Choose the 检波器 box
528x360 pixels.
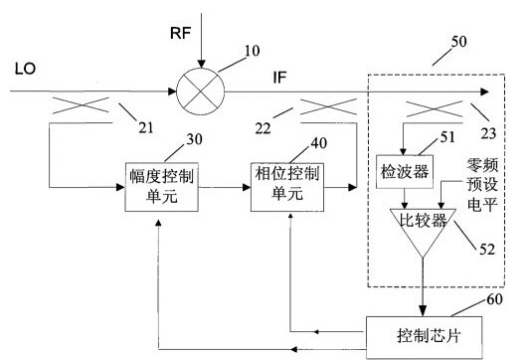[x=405, y=173]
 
